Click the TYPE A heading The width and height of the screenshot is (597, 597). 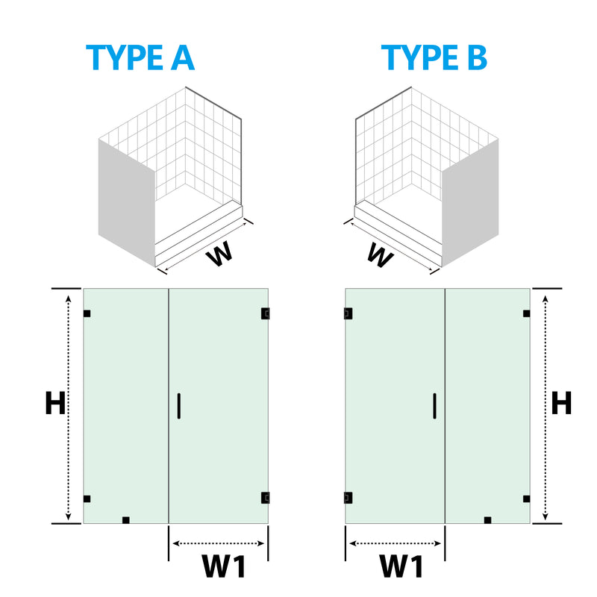point(140,57)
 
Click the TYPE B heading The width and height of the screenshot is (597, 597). point(434,57)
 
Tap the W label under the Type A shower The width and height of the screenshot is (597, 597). point(219,254)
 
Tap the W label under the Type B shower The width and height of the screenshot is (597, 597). point(380,255)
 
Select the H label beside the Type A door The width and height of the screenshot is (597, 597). point(55,403)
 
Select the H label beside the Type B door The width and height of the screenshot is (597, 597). point(562,403)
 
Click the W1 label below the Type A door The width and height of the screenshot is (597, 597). point(224,566)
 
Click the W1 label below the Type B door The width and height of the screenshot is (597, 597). point(401,566)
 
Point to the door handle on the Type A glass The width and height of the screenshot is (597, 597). point(179,406)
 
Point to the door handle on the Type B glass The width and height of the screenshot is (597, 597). point(435,406)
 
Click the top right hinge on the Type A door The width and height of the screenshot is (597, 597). point(266,313)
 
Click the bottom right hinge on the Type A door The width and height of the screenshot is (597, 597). point(266,498)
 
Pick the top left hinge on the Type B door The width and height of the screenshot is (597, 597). point(348,313)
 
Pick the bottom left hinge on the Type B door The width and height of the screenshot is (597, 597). point(348,498)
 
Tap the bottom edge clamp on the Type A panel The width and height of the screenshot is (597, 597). point(126,520)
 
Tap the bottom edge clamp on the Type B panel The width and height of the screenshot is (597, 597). point(488,520)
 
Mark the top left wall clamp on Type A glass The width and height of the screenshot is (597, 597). point(87,313)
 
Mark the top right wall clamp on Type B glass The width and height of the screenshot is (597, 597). point(527,313)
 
